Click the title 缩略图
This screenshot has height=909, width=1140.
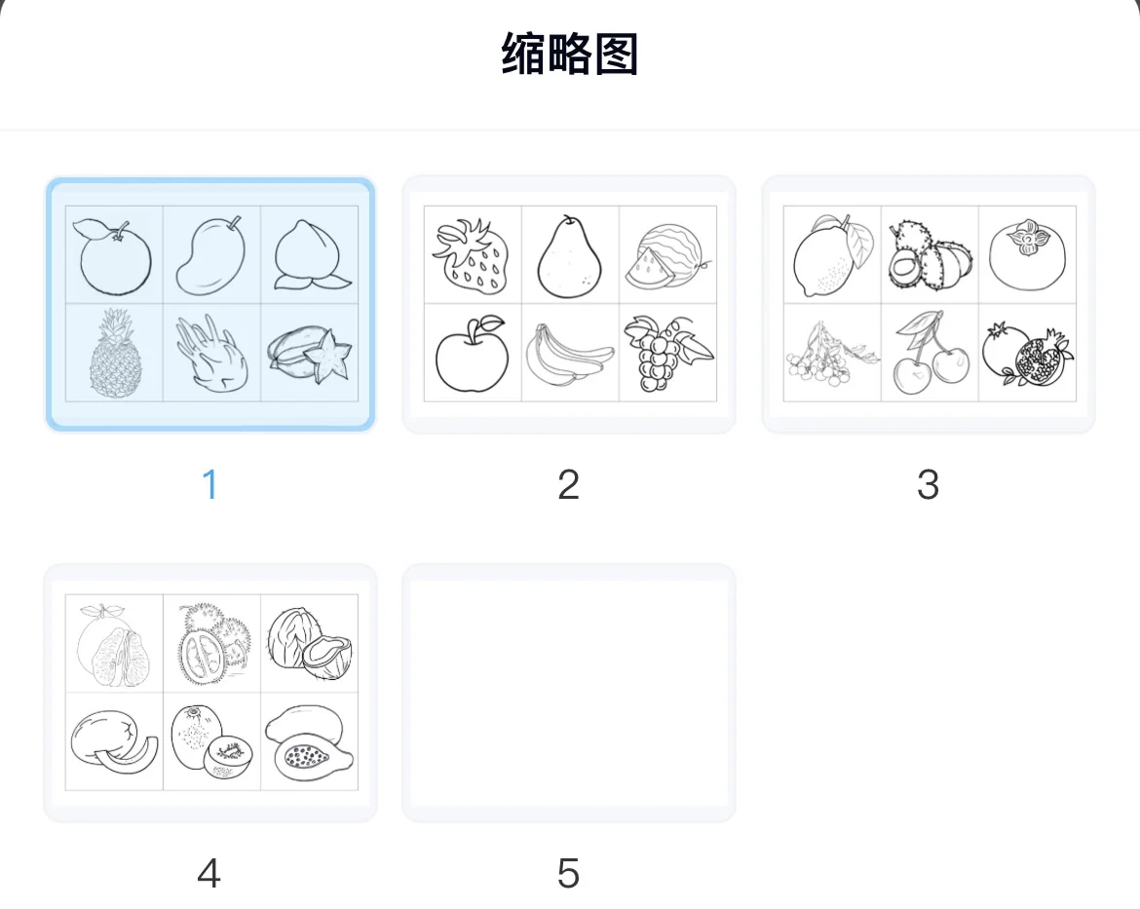(x=570, y=55)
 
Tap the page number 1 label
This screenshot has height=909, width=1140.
(x=209, y=484)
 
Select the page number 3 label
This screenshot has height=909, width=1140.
(x=928, y=484)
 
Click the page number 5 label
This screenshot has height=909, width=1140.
(x=568, y=873)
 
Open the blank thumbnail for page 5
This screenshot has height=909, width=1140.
(x=568, y=693)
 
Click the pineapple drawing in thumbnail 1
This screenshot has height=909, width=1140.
(x=115, y=354)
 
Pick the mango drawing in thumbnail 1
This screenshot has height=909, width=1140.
(x=209, y=255)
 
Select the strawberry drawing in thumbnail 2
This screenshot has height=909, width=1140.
(x=473, y=255)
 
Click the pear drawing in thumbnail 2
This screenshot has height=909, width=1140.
(x=570, y=255)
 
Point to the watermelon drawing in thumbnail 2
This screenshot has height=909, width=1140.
(x=666, y=255)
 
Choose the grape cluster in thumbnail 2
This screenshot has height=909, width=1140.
(x=666, y=353)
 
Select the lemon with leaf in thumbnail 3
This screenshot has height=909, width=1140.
(x=830, y=255)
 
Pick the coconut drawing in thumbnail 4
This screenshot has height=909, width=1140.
(x=310, y=643)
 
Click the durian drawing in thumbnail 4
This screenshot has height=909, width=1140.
(x=211, y=643)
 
